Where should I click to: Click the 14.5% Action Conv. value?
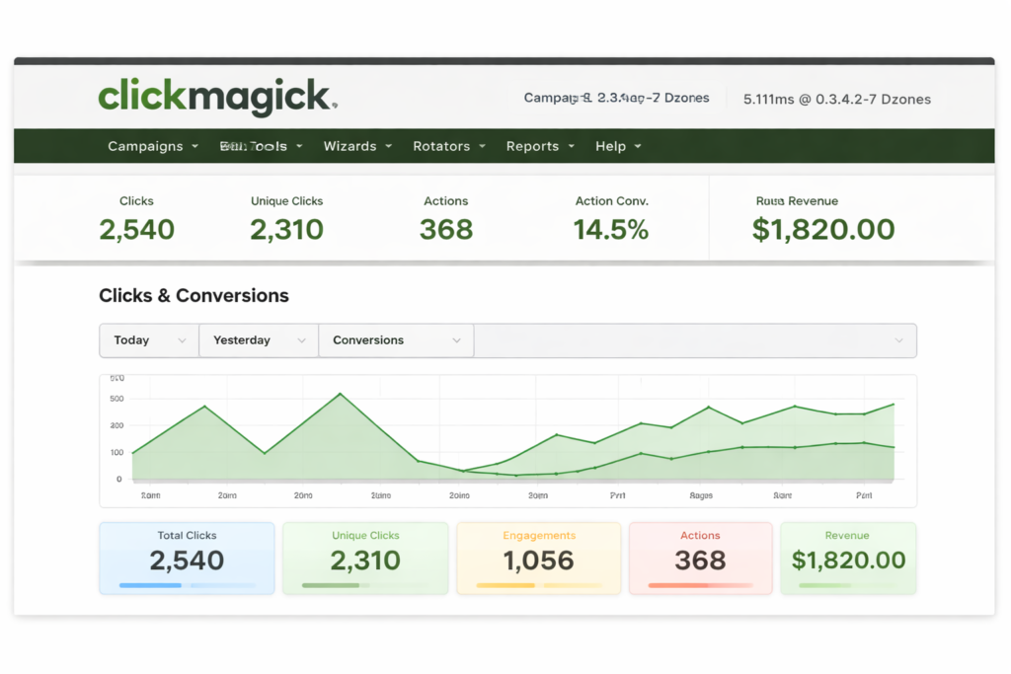611,230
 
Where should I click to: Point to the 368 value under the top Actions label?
446,230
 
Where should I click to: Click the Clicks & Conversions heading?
194,295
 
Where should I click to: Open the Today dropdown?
149,340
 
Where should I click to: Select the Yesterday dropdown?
259,340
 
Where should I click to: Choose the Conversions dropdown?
396,340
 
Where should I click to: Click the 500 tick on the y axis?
117,399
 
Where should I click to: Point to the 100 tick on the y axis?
117,452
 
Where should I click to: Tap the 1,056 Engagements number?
538,561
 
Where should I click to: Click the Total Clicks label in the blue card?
187,536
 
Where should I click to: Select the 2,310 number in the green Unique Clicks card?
365,561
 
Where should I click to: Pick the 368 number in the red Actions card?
700,561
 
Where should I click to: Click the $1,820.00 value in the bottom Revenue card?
848,561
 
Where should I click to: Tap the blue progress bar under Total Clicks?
151,585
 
